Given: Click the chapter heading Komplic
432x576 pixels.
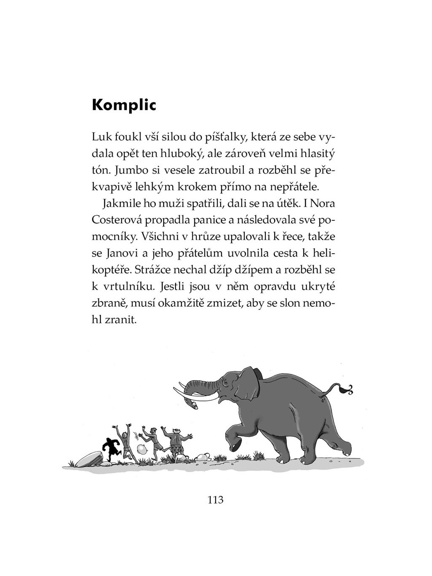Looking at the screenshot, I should point(124,105).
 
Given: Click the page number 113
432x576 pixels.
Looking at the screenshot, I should point(215,500).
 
